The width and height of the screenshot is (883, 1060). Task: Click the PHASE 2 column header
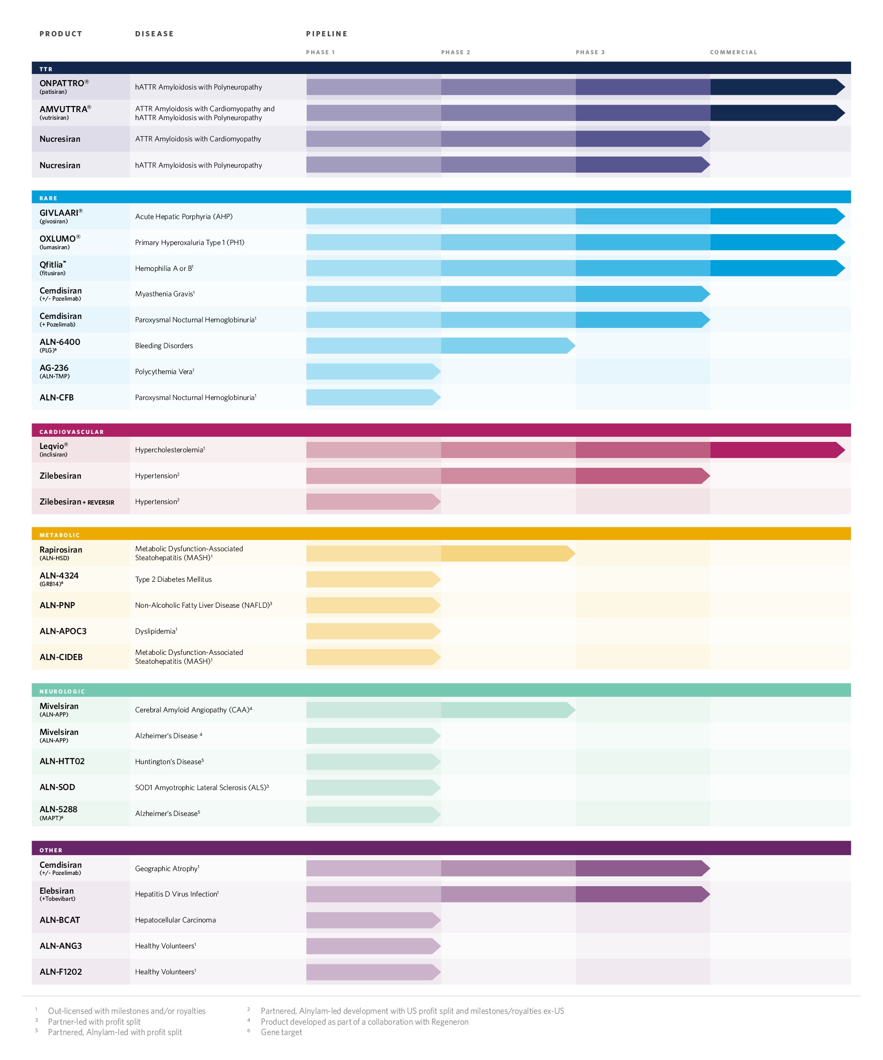[455, 52]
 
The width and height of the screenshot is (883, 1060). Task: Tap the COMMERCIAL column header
[733, 52]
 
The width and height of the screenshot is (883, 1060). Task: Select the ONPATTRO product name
[62, 83]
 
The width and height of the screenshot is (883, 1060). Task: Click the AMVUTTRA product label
[63, 109]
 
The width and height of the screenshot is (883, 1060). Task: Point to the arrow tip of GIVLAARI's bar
[840, 217]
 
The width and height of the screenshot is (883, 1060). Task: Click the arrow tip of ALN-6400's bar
[571, 346]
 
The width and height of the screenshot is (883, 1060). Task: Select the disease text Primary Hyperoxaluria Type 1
[189, 243]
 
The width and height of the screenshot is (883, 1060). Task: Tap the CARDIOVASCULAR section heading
[72, 432]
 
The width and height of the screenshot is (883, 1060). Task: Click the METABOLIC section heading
[59, 535]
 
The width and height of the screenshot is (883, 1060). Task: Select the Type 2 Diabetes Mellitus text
[173, 579]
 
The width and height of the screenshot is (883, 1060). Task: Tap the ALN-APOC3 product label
[63, 631]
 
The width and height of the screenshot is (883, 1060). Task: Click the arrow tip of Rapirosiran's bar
[571, 554]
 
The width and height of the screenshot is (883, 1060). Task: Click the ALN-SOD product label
[57, 787]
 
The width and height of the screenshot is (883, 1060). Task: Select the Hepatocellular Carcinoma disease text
[175, 920]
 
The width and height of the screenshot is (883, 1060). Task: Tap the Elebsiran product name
[57, 891]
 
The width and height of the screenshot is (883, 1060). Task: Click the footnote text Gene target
[281, 1032]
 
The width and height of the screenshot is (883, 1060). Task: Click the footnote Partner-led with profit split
[94, 1022]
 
